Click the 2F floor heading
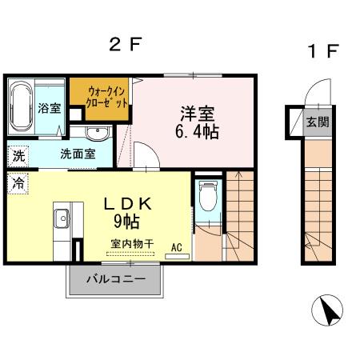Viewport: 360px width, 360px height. [126, 46]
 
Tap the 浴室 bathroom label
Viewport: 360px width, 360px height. [50, 108]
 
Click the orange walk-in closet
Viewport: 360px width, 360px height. [99, 98]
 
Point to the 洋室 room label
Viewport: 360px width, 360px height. [195, 113]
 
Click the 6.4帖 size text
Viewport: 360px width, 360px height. [196, 130]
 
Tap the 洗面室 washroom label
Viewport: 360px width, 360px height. [78, 154]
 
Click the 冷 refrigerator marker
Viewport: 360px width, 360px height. [17, 183]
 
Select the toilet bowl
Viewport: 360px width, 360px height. [206, 197]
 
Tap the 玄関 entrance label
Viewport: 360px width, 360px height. [317, 122]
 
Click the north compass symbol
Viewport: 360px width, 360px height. [326, 310]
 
